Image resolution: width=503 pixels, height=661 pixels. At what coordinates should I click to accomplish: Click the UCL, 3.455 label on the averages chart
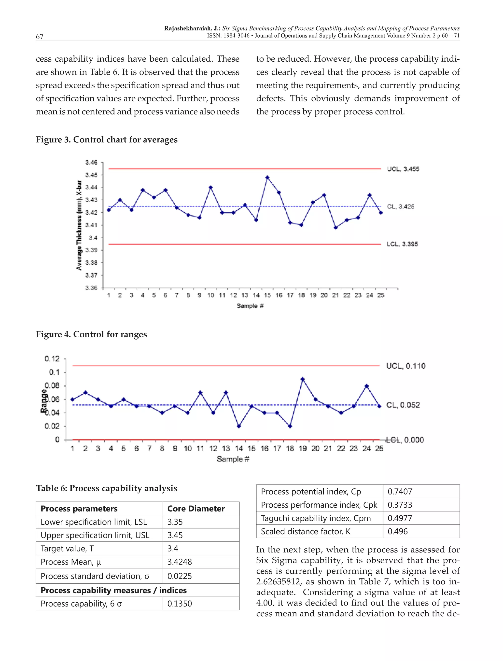pyautogui.click(x=403, y=169)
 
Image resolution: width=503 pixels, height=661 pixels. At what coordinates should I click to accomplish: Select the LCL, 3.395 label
pyautogui.click(x=402, y=244)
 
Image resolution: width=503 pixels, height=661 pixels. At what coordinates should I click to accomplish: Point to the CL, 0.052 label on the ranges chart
pyautogui.click(x=403, y=405)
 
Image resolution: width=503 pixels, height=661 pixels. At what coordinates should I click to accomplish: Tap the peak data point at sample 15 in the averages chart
pyautogui.click(x=267, y=178)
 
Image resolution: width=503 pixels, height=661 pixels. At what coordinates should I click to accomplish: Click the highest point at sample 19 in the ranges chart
pyautogui.click(x=302, y=379)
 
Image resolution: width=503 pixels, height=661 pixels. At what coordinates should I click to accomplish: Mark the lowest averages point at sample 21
pyautogui.click(x=335, y=228)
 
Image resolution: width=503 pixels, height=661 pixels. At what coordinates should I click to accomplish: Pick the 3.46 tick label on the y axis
pyautogui.click(x=91, y=163)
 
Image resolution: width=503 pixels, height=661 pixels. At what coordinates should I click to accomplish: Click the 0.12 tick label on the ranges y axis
pyautogui.click(x=52, y=359)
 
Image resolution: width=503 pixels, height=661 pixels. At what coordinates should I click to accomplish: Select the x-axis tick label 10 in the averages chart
pyautogui.click(x=210, y=295)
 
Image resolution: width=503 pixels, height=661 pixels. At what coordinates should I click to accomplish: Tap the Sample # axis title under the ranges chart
pyautogui.click(x=233, y=459)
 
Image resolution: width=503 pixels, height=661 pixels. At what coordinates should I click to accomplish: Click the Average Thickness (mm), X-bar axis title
pyautogui.click(x=79, y=225)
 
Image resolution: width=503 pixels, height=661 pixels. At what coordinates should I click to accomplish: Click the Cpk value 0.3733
pyautogui.click(x=400, y=505)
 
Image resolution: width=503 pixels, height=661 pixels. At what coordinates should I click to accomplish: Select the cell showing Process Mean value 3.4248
pyautogui.click(x=179, y=562)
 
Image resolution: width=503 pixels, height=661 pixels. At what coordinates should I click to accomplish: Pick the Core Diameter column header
pyautogui.click(x=196, y=509)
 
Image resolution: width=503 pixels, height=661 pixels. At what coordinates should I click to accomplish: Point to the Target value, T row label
pyautogui.click(x=67, y=549)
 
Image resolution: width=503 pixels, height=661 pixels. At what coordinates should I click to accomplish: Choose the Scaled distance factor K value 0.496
pyautogui.click(x=397, y=531)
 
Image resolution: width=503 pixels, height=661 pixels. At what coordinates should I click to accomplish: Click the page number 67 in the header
pyautogui.click(x=40, y=37)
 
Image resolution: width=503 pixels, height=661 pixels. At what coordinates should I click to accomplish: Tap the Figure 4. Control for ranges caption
pyautogui.click(x=91, y=334)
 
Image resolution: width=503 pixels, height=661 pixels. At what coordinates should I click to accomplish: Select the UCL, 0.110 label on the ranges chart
pyautogui.click(x=405, y=366)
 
